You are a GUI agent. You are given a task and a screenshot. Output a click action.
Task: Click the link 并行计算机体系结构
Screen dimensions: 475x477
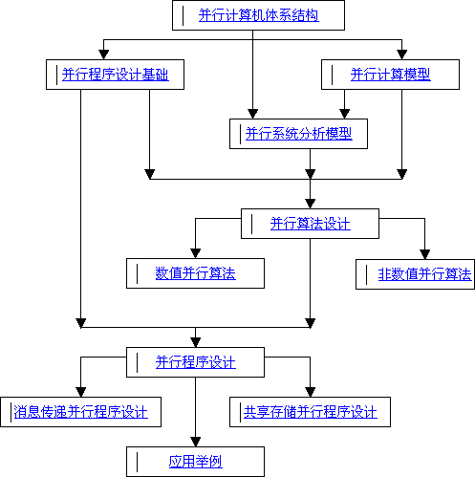pos(258,15)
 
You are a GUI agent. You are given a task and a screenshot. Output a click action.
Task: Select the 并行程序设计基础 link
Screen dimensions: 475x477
pos(116,75)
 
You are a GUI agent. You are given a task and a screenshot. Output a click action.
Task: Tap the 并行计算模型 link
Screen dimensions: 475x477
pos(391,75)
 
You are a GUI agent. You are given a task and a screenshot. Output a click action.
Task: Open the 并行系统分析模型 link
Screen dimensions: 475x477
pos(299,134)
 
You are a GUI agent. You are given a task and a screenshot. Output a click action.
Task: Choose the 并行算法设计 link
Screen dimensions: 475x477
pos(311,224)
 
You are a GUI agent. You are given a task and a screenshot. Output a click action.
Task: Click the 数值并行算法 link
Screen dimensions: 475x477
pos(196,273)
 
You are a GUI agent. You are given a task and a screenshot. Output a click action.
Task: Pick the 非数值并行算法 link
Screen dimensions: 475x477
pos(424,274)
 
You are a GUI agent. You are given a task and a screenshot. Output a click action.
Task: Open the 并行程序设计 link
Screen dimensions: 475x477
pos(196,362)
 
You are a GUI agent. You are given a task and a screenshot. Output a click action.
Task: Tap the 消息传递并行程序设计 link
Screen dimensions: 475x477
pos(81,412)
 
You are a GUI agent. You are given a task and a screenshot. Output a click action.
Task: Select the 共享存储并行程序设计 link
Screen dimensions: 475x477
pos(311,412)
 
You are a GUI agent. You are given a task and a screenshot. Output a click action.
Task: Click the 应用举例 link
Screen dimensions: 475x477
pos(196,462)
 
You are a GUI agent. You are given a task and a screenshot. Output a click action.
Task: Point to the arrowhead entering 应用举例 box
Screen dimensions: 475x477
pos(196,442)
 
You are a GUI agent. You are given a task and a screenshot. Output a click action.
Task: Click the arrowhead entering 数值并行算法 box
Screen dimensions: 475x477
pos(196,253)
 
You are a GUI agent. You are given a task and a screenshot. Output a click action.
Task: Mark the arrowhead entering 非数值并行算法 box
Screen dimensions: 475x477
pos(424,254)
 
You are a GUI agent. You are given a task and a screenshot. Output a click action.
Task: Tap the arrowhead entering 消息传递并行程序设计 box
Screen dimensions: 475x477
pos(81,392)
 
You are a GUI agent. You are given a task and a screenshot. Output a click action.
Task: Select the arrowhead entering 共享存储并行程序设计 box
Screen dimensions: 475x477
pos(311,392)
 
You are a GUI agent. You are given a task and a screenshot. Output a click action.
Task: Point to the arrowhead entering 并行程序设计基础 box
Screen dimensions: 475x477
pos(104,54)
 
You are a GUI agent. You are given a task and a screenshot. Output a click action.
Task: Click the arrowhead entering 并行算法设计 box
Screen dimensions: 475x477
pos(311,204)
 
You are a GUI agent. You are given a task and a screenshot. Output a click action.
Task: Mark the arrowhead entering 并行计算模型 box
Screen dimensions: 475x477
pos(401,54)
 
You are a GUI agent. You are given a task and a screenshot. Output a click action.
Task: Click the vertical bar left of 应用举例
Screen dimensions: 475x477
pos(138,462)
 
